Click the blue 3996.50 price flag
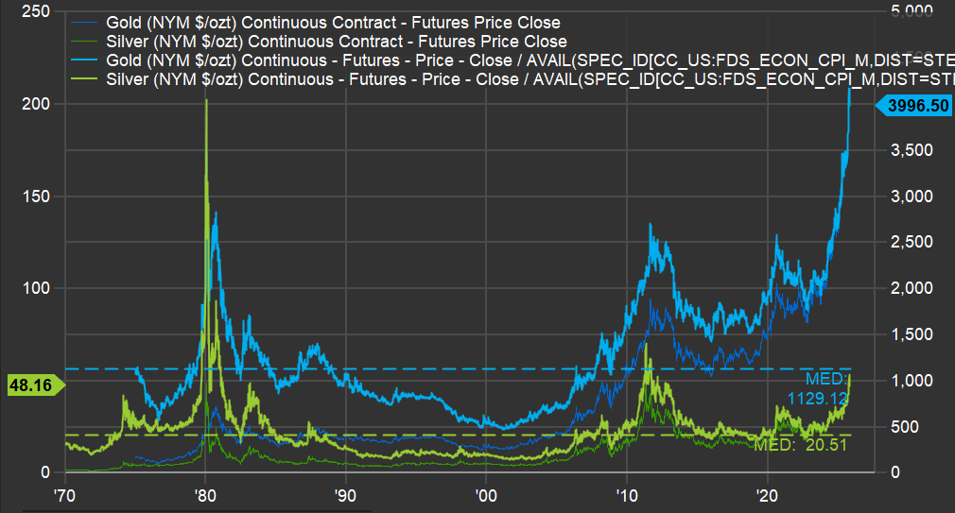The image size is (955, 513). click(916, 106)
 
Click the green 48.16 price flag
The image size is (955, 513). click(30, 385)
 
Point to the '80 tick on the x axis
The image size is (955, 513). click(205, 495)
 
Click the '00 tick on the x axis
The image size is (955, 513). click(486, 495)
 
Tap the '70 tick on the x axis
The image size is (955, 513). click(64, 495)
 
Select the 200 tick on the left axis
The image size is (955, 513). click(38, 104)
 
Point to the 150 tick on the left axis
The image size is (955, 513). click(38, 197)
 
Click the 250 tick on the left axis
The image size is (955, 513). click(38, 11)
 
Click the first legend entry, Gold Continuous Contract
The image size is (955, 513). click(346, 22)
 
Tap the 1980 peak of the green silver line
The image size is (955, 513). click(205, 100)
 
